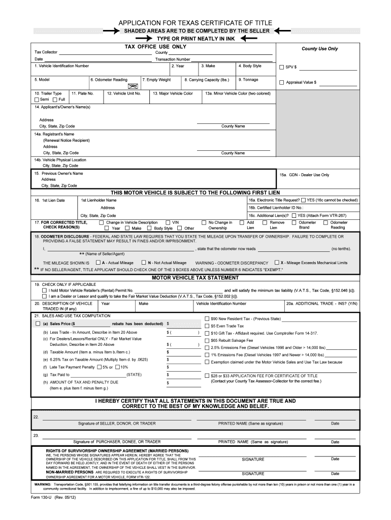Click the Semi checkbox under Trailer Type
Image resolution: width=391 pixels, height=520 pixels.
click(37, 100)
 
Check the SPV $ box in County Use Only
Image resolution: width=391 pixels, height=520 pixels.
click(282, 67)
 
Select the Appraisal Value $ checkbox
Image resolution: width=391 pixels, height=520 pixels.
click(282, 82)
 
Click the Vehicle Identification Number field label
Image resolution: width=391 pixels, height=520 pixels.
click(61, 66)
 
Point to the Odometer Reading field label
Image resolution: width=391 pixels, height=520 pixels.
click(109, 80)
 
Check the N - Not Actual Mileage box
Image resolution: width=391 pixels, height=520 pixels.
click(143, 263)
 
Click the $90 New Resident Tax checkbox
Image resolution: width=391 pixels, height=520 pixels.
click(207, 318)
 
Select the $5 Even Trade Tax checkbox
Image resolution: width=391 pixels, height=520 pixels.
click(207, 326)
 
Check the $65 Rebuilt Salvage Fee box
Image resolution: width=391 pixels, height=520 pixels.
click(207, 340)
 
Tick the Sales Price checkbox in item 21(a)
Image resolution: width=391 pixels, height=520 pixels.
click(37, 323)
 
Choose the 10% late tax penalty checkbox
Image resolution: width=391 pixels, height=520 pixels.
click(117, 367)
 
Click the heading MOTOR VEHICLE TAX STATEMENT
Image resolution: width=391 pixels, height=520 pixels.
click(195, 278)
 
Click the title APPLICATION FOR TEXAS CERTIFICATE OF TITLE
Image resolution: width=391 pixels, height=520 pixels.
click(195, 23)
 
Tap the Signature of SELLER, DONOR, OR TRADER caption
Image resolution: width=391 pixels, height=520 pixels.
click(117, 423)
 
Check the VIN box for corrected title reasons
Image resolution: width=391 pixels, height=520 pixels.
click(168, 222)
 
